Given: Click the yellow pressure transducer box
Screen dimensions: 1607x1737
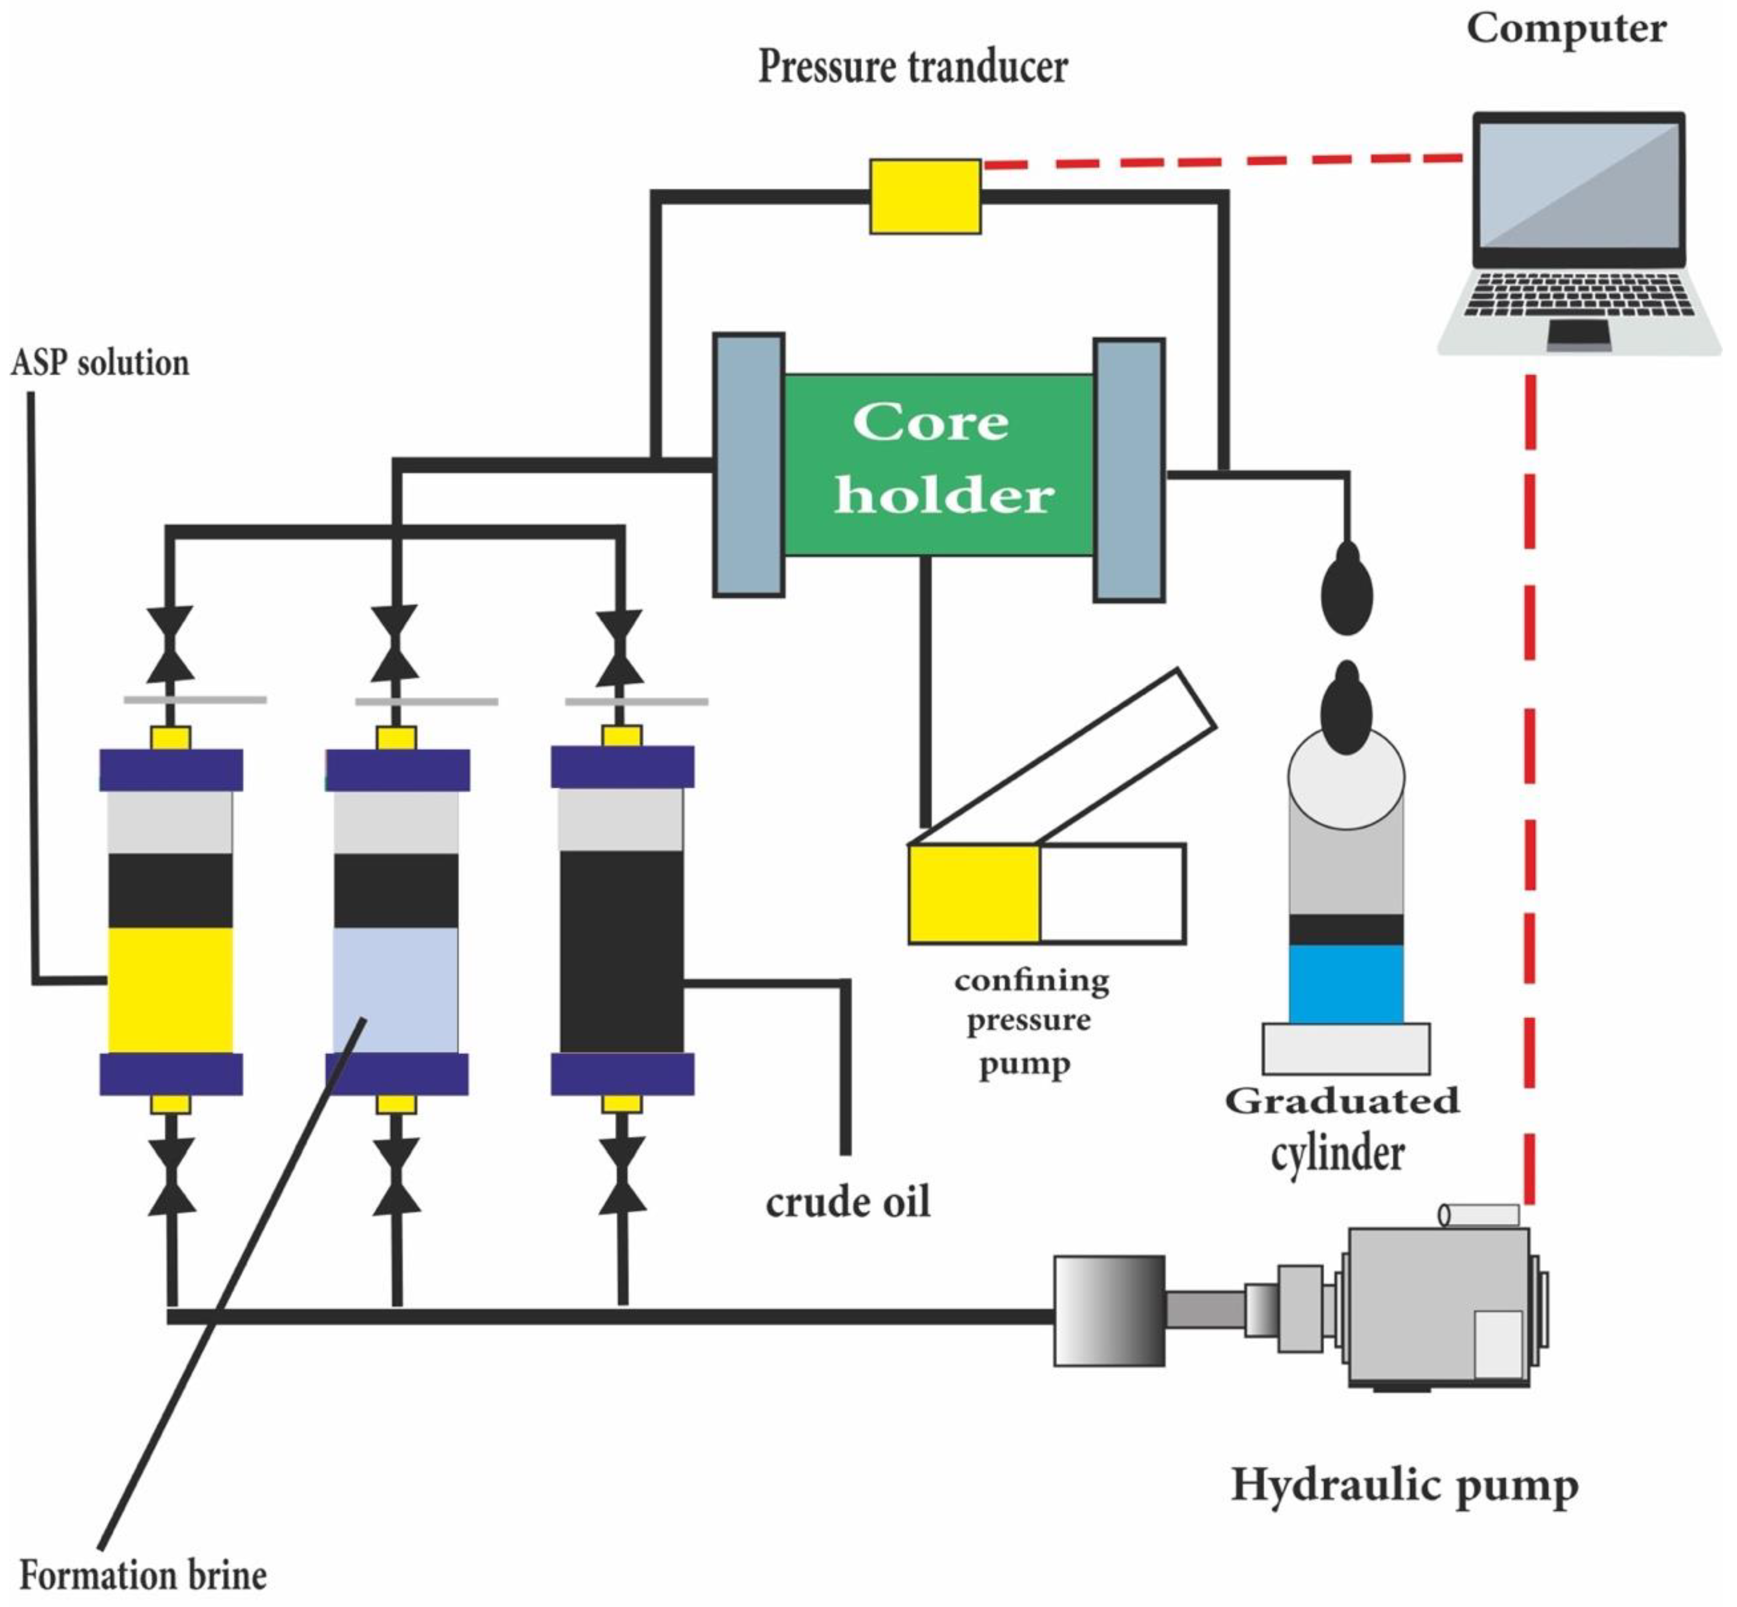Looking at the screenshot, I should tap(924, 196).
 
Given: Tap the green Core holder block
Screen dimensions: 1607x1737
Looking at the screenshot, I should tap(938, 464).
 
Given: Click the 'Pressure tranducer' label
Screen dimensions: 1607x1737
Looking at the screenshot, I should tap(912, 67).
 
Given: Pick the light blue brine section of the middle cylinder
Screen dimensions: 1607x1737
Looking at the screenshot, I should tap(396, 990).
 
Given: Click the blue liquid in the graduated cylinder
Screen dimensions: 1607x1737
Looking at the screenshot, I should tap(1345, 982).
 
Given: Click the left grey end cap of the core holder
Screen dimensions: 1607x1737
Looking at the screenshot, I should tap(748, 464).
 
